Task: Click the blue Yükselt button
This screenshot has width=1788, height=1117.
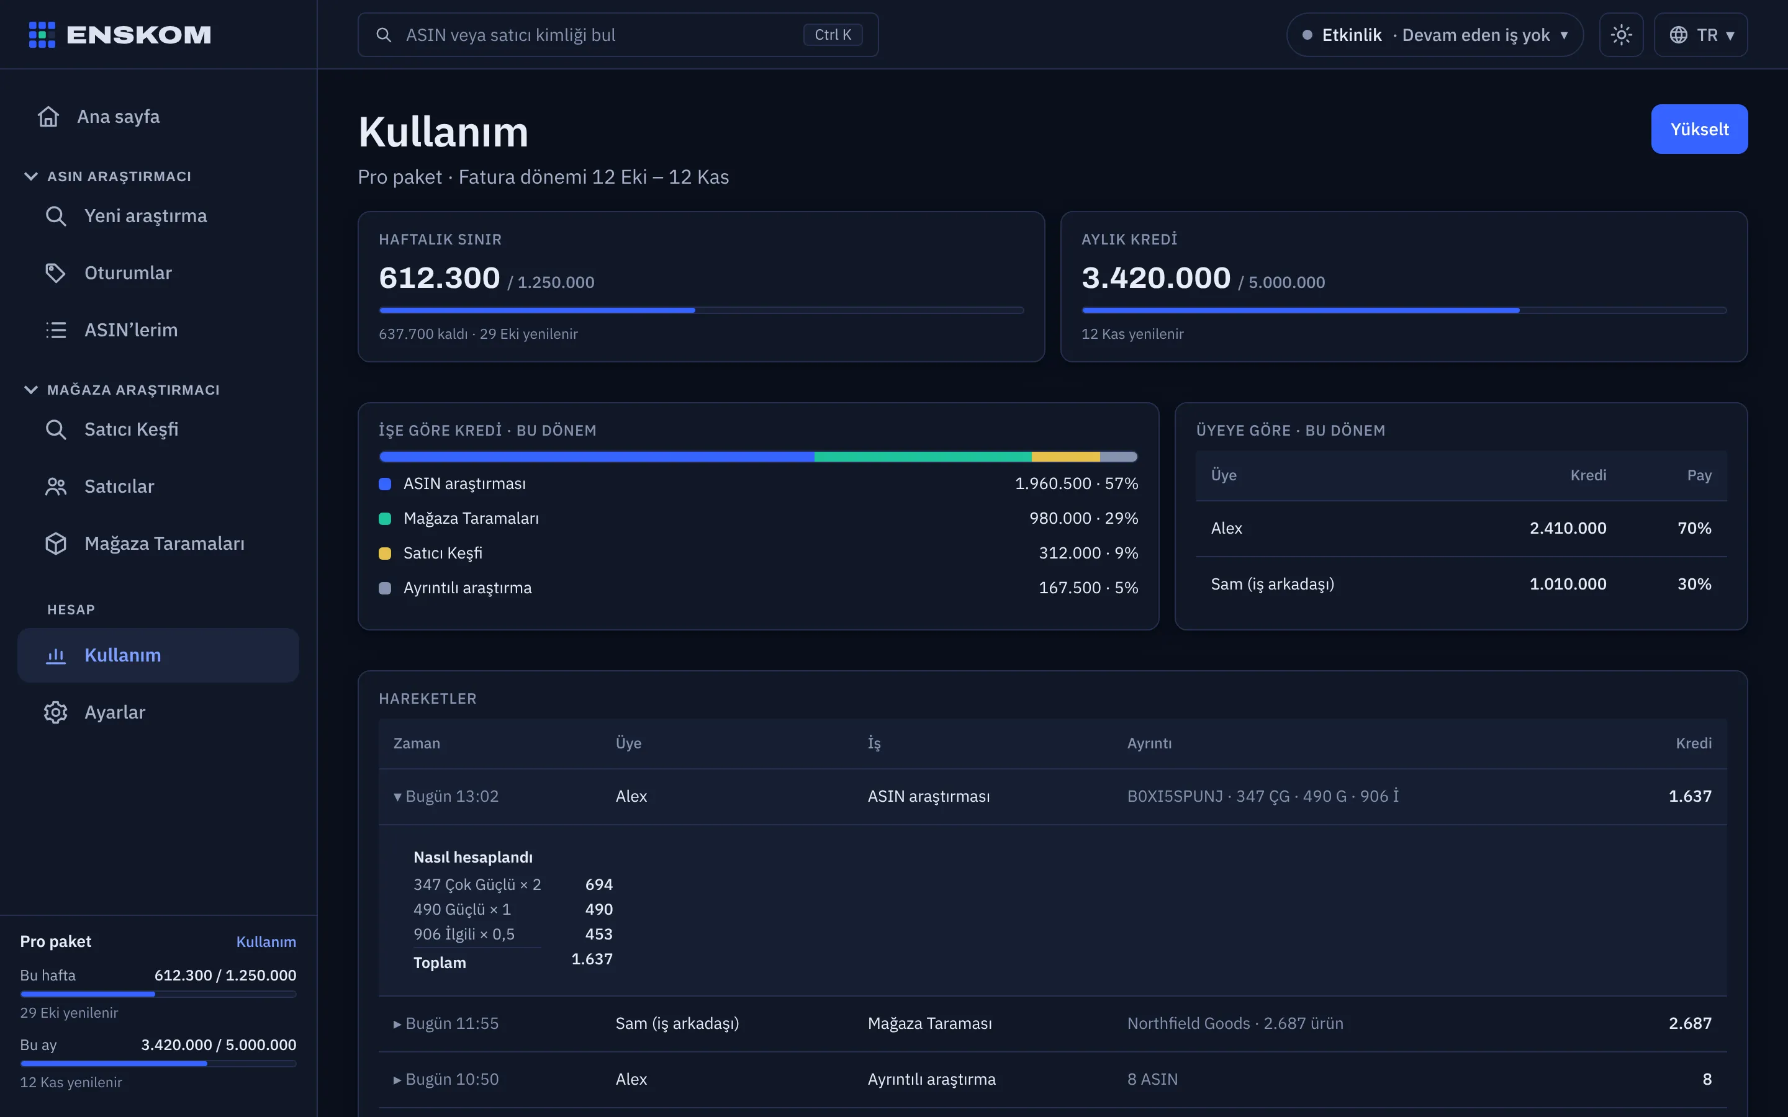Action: [1699, 129]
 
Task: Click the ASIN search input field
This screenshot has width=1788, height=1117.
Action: [618, 35]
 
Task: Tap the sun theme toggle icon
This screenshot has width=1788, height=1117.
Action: [1621, 35]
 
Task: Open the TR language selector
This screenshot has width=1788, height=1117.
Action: [1700, 35]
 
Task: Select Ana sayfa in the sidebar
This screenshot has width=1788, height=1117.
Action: [118, 117]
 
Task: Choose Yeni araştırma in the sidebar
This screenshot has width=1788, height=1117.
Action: [145, 216]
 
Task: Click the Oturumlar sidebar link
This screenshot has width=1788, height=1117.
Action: [128, 272]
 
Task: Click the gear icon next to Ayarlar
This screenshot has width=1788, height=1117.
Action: [55, 712]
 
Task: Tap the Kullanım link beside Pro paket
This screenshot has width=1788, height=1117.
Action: [266, 941]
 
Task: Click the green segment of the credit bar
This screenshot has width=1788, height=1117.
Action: [923, 457]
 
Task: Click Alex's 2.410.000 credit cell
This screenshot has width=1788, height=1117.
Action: [1567, 528]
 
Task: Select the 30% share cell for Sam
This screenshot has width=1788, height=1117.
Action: [1694, 583]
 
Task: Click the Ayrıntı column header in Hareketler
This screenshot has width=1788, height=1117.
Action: [1149, 743]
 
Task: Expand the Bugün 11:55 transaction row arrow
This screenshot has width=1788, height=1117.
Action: [397, 1024]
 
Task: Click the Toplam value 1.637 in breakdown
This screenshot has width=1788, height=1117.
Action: [592, 959]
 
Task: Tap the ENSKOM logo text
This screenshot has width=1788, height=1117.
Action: [139, 35]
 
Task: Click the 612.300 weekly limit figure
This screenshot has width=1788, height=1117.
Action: [440, 278]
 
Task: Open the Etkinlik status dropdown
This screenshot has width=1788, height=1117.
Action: [1434, 35]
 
